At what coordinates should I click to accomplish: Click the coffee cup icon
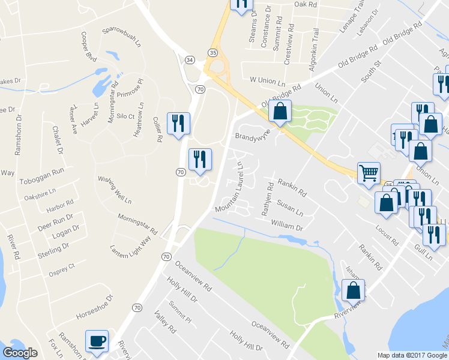[x=97, y=341]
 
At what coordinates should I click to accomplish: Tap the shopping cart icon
[x=369, y=173]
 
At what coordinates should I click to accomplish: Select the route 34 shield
[x=190, y=60]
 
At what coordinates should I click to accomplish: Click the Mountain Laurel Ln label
[x=229, y=187]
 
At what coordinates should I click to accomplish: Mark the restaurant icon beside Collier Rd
[x=178, y=124]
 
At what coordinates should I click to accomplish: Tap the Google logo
[x=20, y=353]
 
